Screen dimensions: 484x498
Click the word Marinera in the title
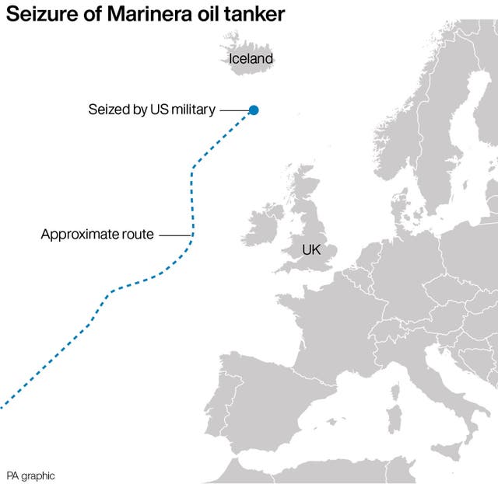coord(141,15)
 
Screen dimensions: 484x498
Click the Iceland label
coord(251,58)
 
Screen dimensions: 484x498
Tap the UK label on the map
coord(311,250)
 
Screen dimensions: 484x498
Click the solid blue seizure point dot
coord(253,110)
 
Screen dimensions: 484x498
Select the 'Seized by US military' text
coord(151,110)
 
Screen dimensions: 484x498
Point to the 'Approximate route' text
coord(97,234)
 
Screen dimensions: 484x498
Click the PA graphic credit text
coord(31,475)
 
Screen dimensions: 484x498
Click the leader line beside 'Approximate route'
coord(175,235)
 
